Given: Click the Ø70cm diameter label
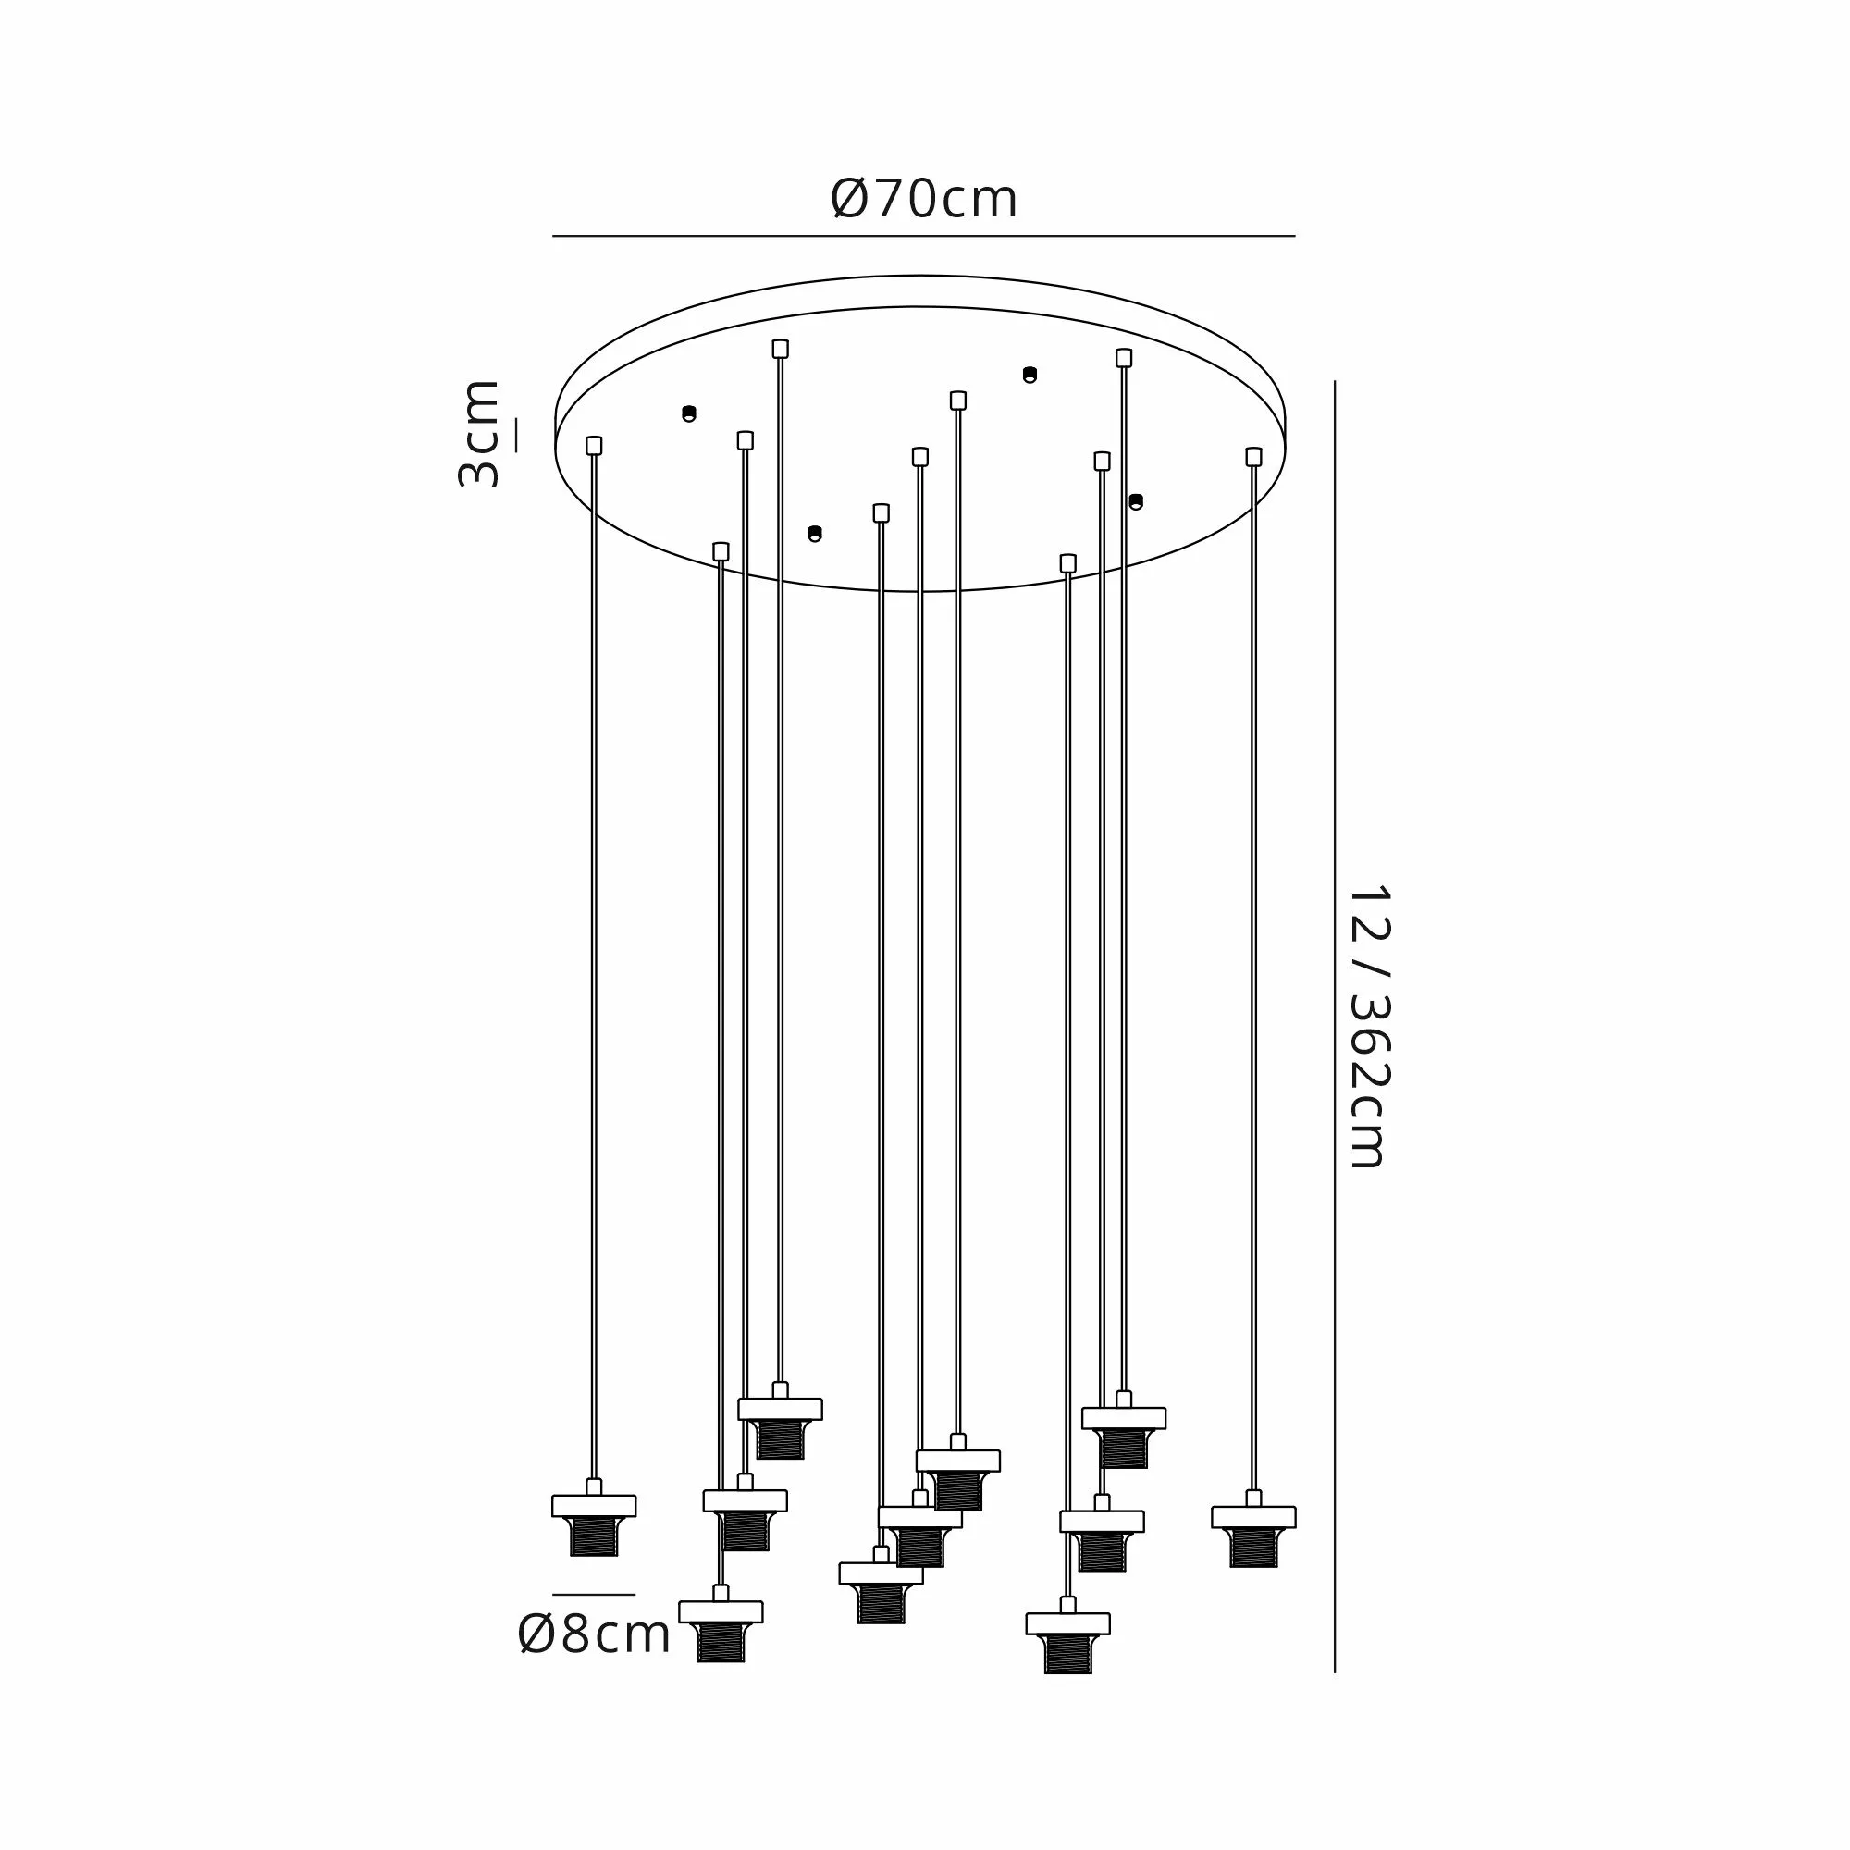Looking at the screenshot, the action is click(924, 199).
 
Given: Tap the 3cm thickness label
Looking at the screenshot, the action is click(478, 434).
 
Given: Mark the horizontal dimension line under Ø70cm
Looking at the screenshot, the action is click(924, 236).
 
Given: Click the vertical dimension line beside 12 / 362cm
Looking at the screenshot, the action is click(1335, 1027).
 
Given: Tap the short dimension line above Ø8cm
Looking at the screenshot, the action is click(594, 1595).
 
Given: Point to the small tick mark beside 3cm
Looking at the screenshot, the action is click(517, 435).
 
